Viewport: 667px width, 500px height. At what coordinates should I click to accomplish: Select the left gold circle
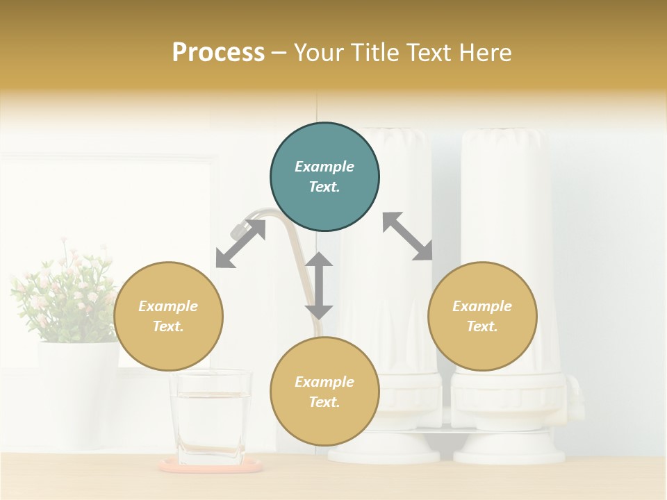(x=168, y=316)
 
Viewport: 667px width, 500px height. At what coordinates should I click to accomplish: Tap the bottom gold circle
(x=324, y=392)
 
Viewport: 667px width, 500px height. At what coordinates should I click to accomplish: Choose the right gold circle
(x=482, y=316)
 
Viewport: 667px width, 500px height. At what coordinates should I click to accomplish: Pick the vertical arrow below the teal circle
(x=319, y=285)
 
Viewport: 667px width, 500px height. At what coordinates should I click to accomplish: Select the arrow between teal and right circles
(x=408, y=236)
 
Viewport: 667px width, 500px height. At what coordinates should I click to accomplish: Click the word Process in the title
(x=218, y=53)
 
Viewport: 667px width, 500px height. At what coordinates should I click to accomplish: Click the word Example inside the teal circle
(x=324, y=167)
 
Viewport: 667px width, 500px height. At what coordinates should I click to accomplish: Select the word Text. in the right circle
(x=482, y=326)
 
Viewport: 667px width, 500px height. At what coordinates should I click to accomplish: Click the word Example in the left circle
(x=168, y=306)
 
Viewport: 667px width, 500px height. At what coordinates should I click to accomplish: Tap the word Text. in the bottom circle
(x=324, y=402)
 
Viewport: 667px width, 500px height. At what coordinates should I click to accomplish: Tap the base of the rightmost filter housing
(x=509, y=452)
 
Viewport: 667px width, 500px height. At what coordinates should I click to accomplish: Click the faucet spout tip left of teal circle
(x=238, y=228)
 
